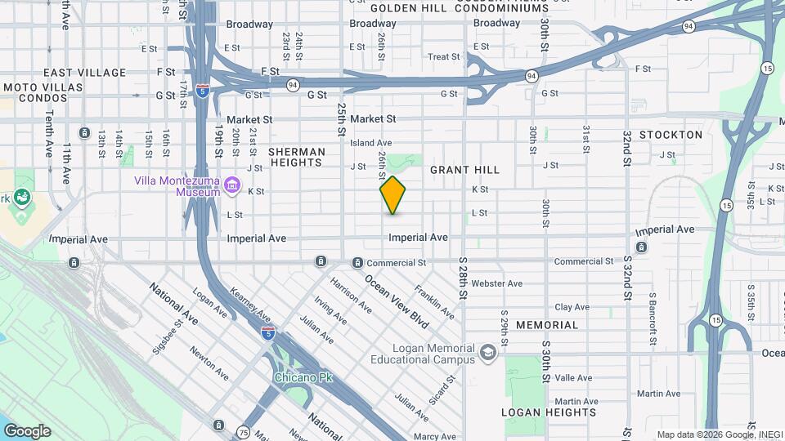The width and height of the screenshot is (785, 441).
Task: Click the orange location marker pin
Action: (392, 195)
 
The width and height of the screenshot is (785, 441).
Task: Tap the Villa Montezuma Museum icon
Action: (232, 187)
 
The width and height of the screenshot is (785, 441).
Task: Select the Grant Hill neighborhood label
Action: (464, 170)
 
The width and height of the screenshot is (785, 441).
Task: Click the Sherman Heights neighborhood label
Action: (296, 157)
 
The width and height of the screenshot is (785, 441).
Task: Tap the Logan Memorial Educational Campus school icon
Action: (488, 353)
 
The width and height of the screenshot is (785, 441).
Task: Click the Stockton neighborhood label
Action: (671, 135)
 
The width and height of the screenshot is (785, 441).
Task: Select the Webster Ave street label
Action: (496, 283)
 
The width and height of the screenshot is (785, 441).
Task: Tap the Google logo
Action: (27, 431)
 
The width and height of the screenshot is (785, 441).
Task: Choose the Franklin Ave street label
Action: (434, 301)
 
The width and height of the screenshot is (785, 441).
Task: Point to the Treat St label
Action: (444, 57)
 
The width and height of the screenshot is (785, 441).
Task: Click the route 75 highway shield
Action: (244, 432)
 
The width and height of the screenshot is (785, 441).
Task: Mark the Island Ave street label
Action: (371, 143)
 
